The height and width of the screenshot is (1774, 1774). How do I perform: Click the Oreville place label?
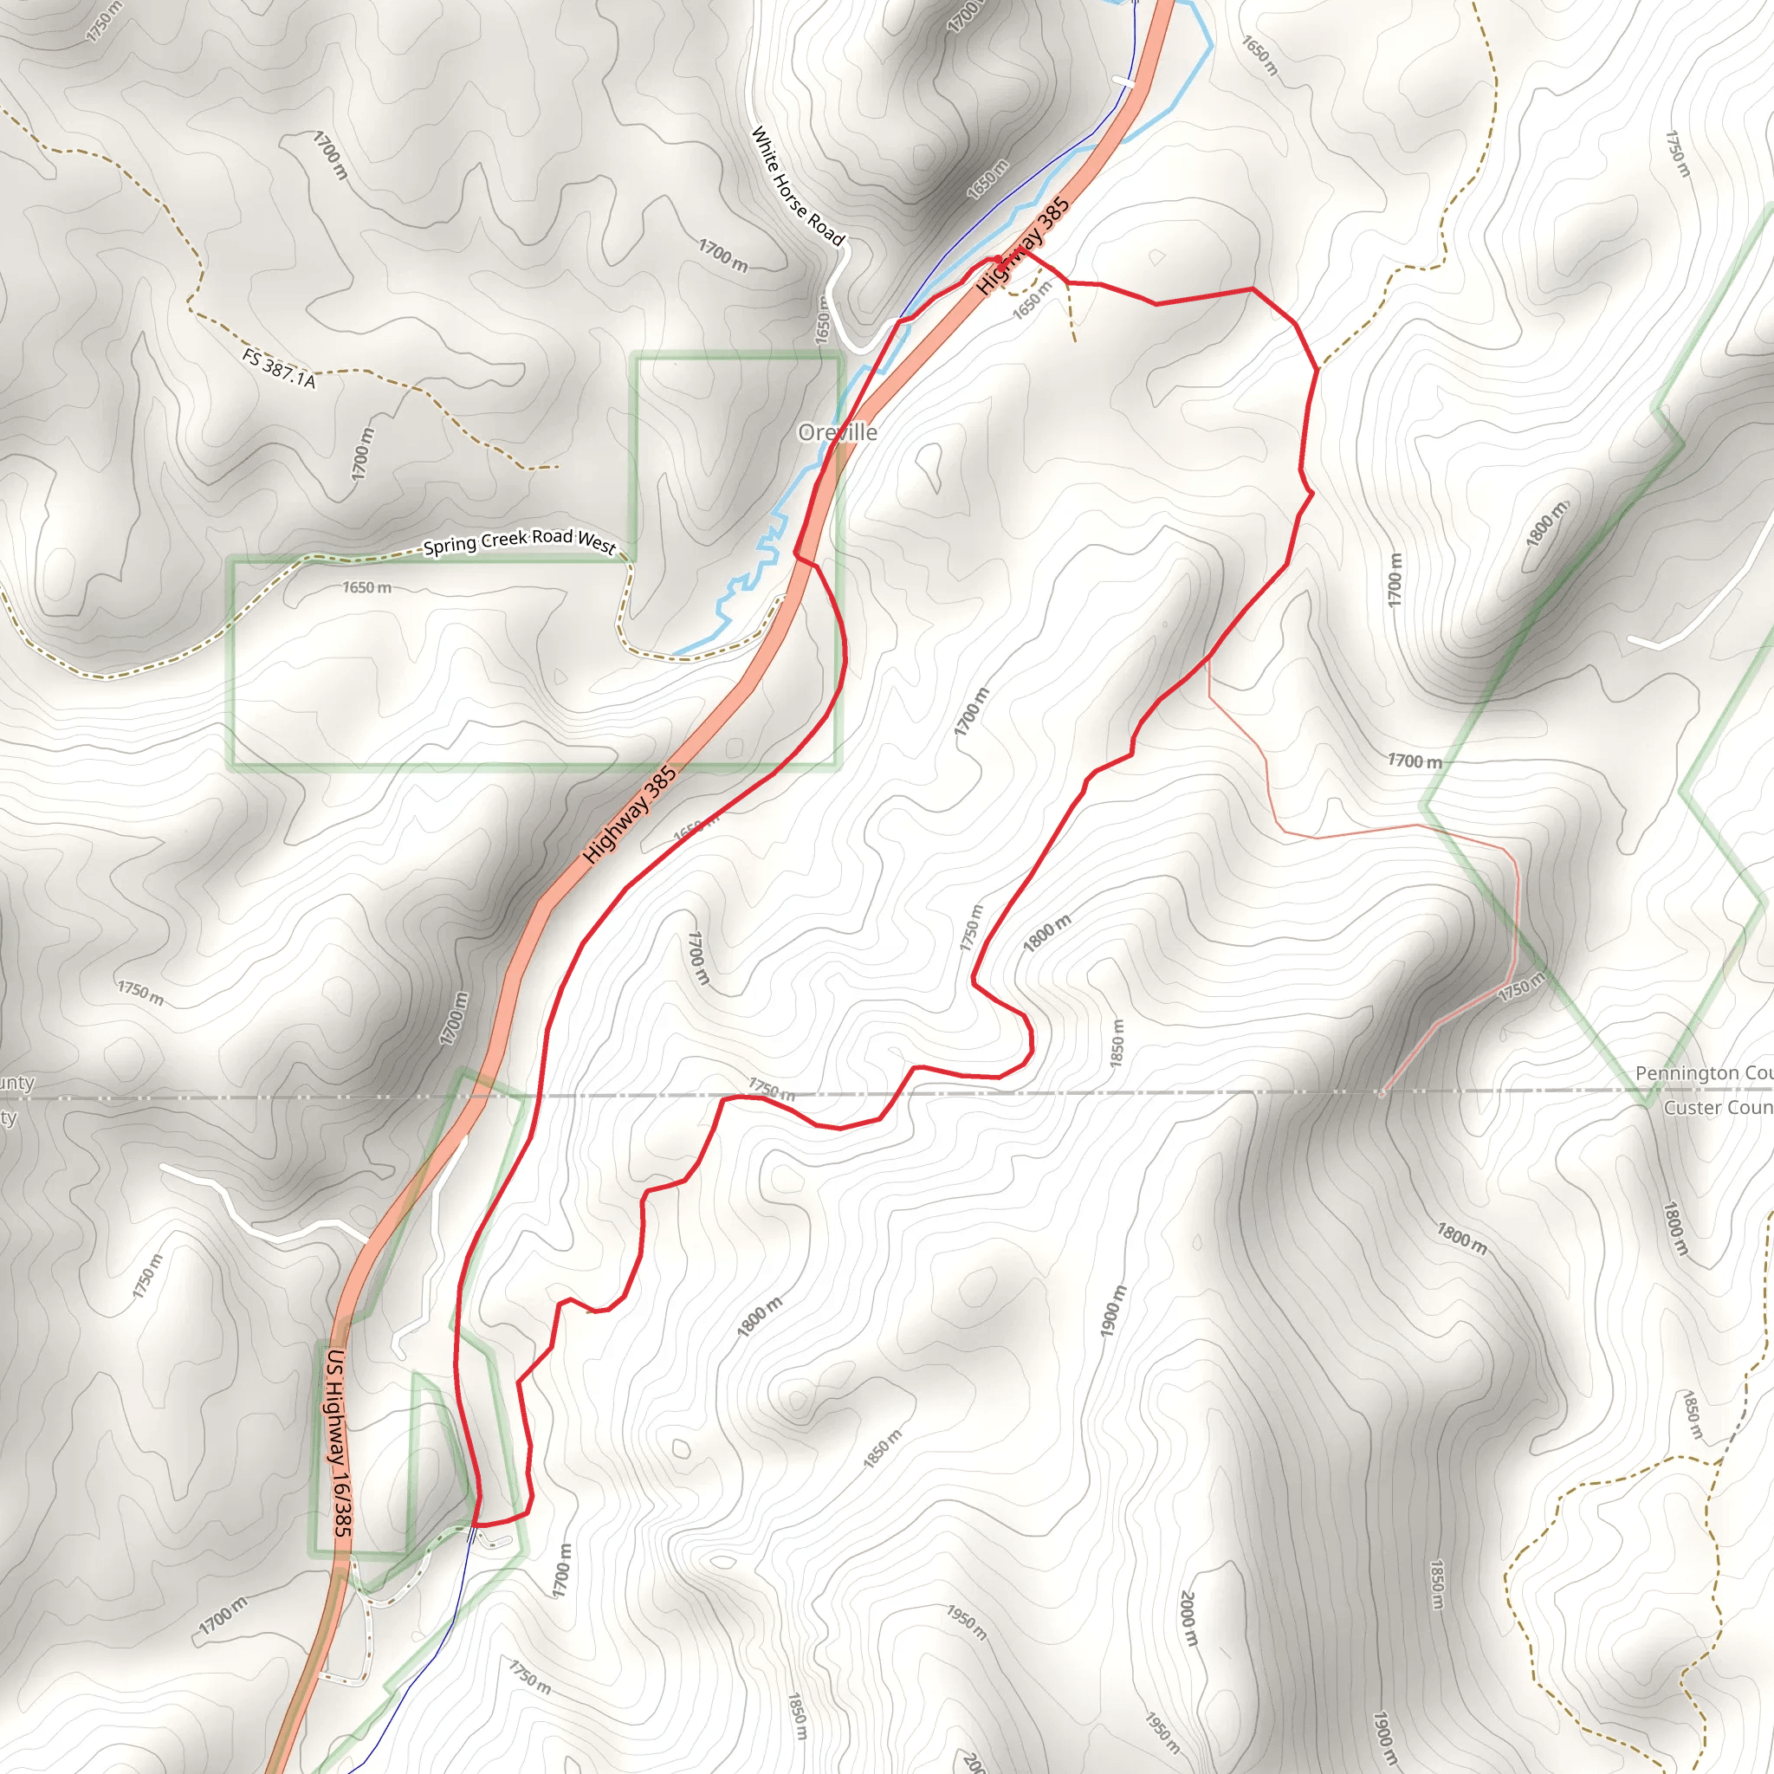tap(837, 432)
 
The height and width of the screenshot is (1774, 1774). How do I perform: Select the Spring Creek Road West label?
tap(519, 541)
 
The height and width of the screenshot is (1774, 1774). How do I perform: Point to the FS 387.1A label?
tap(279, 367)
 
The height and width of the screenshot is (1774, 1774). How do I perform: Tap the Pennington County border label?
tap(1703, 1073)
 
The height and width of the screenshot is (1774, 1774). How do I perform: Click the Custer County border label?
tap(1717, 1107)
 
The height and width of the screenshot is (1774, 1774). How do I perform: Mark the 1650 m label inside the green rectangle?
tap(366, 587)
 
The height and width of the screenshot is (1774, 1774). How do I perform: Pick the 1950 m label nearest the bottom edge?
tap(1162, 1731)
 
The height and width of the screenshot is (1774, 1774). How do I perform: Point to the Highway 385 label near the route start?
tap(1023, 246)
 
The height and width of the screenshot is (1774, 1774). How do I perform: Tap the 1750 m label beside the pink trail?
tap(1520, 989)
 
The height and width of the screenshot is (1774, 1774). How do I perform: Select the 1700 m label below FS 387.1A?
tap(363, 453)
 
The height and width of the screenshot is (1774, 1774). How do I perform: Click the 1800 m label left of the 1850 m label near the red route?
tap(1046, 933)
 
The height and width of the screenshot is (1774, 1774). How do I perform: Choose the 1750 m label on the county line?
tap(770, 1089)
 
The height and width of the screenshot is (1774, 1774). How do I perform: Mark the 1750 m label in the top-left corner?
tap(103, 20)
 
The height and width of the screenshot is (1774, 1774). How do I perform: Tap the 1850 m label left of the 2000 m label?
tap(796, 1716)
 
